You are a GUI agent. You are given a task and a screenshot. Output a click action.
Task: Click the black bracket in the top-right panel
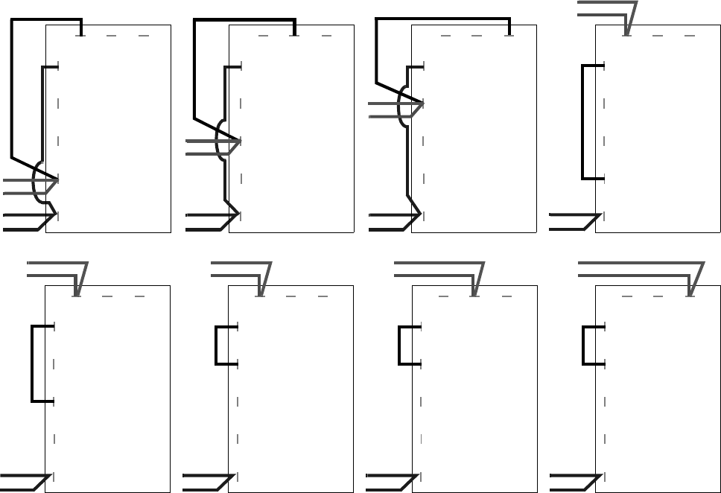point(582,123)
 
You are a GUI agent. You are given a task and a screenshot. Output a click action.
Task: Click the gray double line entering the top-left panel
point(19,187)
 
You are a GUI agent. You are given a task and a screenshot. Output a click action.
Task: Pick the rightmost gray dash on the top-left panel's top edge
point(144,35)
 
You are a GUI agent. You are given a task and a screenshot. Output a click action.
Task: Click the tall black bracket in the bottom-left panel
point(32,363)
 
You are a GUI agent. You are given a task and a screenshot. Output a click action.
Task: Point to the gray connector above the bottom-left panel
point(52,270)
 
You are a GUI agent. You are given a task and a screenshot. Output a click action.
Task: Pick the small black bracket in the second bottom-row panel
point(216,346)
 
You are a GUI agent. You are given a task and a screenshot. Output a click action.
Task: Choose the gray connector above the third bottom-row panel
point(432,270)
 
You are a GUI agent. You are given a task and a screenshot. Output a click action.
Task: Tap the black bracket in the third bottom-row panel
point(399,346)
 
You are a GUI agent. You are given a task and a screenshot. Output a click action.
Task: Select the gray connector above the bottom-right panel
point(633,270)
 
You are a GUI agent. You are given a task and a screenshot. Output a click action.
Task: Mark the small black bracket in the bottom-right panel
point(582,346)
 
